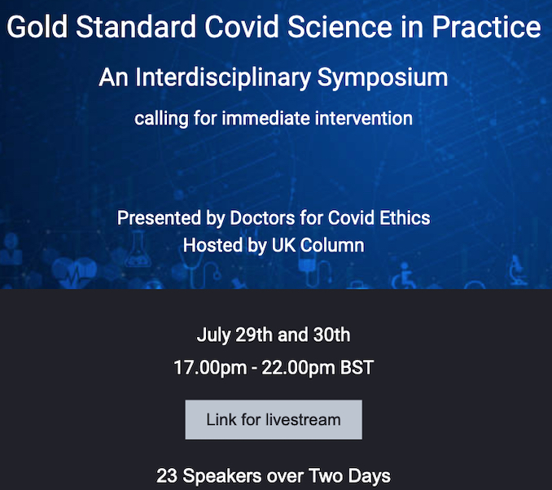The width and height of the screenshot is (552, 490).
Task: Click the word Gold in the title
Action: coord(37,27)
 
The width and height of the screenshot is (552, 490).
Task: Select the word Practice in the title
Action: coord(486,27)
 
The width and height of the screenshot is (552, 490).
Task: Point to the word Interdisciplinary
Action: coord(223,77)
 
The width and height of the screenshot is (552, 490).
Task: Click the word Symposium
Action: coord(383,77)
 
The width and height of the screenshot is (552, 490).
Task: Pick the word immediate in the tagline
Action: coord(265,118)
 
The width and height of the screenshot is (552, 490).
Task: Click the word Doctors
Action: coord(262,218)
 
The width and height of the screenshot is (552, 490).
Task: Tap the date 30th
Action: coord(331,335)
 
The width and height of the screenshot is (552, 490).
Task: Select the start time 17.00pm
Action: coord(210,368)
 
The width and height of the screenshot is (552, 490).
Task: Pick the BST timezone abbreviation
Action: coord(357,368)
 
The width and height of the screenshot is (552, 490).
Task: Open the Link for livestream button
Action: coord(274,420)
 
